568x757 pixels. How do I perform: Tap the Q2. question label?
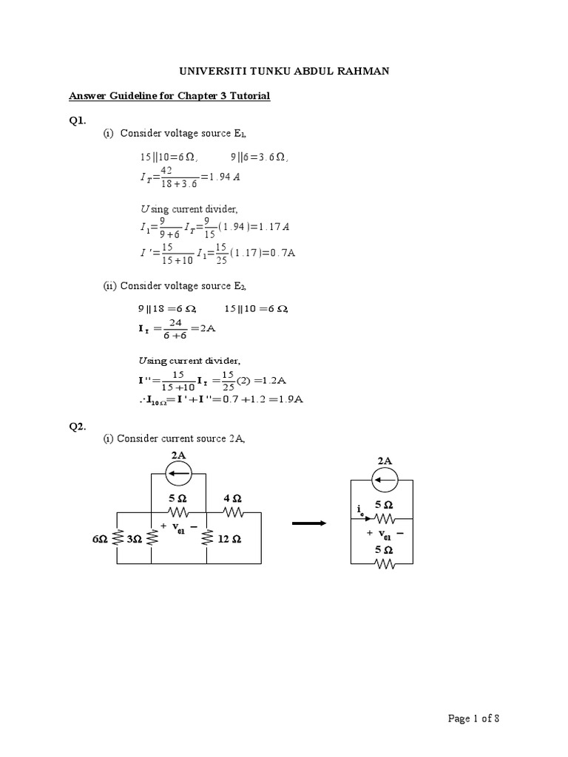pos(78,427)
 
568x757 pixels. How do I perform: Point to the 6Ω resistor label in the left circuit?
pos(100,540)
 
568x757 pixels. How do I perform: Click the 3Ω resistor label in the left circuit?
pos(134,540)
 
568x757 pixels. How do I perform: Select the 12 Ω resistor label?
pos(230,540)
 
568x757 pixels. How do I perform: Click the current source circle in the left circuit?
pos(178,472)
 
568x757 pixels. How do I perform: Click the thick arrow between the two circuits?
pos(309,523)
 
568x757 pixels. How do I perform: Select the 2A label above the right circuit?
pos(385,461)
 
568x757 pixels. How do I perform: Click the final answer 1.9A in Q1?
pos(291,400)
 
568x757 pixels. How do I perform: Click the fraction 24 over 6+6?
pos(175,328)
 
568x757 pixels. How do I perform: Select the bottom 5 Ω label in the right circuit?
pos(384,550)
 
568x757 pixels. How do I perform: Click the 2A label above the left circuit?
pos(178,454)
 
